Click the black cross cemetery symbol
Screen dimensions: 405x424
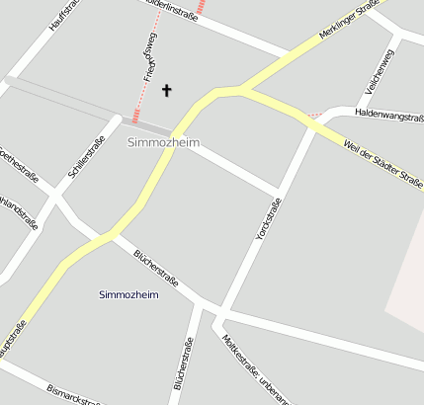coord(166,91)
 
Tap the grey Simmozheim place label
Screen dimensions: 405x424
coord(163,143)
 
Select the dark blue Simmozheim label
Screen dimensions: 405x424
coord(129,294)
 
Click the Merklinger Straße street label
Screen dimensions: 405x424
coord(351,21)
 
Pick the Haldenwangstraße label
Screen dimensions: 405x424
coord(389,117)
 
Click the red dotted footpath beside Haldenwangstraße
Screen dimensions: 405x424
coord(315,116)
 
